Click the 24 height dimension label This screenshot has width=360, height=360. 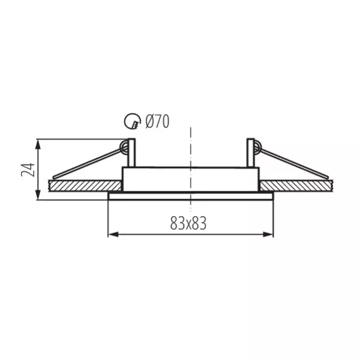(28, 170)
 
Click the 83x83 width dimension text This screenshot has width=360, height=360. (188, 223)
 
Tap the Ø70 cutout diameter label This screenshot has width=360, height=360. (157, 121)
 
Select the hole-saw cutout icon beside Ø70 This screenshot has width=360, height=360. (133, 121)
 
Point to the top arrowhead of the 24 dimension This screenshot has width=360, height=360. (38, 145)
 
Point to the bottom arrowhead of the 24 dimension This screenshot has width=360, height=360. (38, 194)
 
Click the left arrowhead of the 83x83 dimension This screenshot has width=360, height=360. (113, 235)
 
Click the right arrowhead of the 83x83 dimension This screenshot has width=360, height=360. (268, 235)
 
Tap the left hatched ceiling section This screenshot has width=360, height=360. (85, 186)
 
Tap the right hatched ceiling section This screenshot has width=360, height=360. (296, 186)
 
